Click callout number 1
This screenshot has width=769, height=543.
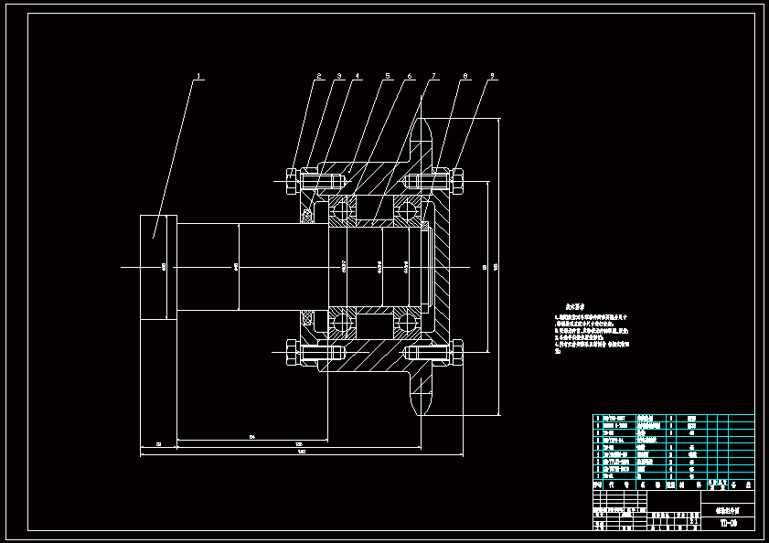tap(199, 77)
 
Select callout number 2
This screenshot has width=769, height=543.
tap(319, 77)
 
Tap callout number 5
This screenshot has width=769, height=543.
tap(388, 77)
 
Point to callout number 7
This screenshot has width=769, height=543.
tap(434, 77)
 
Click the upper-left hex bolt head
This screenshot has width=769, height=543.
tap(292, 180)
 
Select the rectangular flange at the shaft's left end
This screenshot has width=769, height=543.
tap(157, 267)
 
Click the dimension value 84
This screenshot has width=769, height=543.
tap(251, 438)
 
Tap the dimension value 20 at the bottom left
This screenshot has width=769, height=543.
tap(158, 444)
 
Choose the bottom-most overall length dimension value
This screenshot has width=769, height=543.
tap(301, 451)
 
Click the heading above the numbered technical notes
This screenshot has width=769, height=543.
tap(575, 308)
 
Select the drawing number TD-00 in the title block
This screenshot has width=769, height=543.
tap(729, 524)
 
